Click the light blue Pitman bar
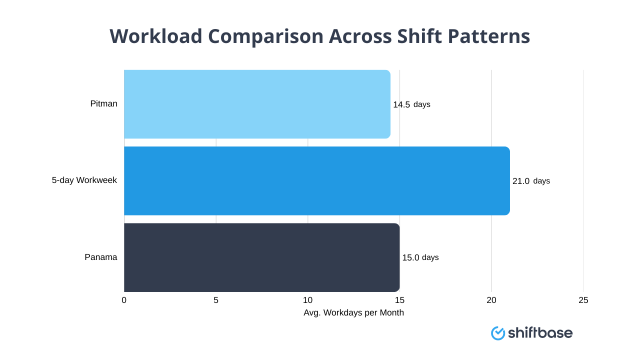tap(257, 104)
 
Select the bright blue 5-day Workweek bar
tap(316, 180)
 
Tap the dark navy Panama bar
tap(261, 257)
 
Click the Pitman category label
tap(103, 104)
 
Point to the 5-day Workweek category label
tap(84, 180)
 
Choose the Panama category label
tap(100, 257)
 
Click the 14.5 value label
tap(401, 104)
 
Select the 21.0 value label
tap(520, 181)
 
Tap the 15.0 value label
tap(410, 258)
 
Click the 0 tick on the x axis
tap(124, 300)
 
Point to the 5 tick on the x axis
tap(216, 300)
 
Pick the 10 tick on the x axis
tap(307, 300)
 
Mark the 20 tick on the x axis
tap(491, 300)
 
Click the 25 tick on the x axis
tap(583, 300)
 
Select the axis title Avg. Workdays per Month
tap(353, 313)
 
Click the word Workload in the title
tap(156, 36)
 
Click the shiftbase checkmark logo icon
tap(498, 333)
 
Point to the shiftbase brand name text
tap(540, 333)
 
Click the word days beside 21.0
tap(541, 181)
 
